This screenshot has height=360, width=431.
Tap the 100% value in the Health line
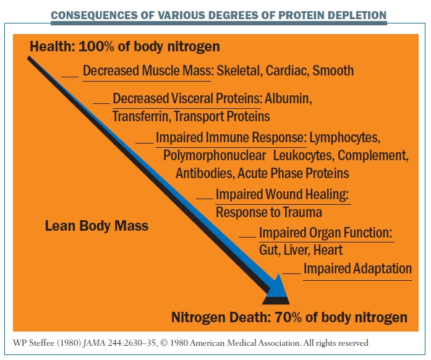pos(96,46)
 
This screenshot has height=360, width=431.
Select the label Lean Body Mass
pos(96,226)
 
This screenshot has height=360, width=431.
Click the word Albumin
pos(288,99)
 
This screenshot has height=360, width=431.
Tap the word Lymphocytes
pos(345,137)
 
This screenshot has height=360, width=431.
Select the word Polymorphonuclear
pos(215,156)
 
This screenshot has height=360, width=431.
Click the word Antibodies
pos(205,173)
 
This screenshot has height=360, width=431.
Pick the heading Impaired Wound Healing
pos(282,194)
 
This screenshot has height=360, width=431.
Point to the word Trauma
pos(302,212)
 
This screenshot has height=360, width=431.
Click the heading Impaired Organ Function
pos(325,233)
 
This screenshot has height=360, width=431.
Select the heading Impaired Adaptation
pos(357,268)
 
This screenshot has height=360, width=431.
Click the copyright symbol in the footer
pos(164,343)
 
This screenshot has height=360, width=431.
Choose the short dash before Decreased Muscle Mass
pos(70,77)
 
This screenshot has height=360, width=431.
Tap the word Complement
pos(373,156)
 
